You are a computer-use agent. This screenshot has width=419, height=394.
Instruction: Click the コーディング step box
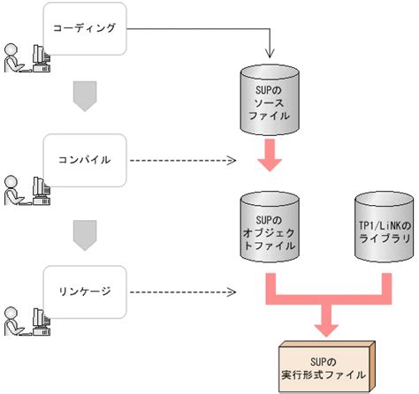point(85,28)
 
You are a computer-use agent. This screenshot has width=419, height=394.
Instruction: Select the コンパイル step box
point(85,160)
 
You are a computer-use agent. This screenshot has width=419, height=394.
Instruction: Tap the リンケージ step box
point(85,292)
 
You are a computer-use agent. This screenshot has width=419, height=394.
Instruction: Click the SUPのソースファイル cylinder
point(270,100)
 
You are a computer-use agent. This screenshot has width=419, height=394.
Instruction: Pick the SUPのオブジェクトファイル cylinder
point(270,227)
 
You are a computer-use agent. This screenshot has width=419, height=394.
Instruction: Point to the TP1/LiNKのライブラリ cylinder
point(385,227)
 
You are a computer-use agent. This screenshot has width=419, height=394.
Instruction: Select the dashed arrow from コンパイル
point(183,161)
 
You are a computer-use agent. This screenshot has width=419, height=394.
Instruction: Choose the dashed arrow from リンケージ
point(183,292)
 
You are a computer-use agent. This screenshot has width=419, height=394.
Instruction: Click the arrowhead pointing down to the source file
point(270,54)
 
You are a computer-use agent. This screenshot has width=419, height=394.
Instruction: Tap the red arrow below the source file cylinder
point(270,155)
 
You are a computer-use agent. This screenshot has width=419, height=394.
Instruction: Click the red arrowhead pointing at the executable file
point(326,330)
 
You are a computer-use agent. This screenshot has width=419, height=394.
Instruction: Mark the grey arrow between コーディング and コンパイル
point(85,96)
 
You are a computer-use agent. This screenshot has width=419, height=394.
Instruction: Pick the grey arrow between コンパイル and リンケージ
point(85,236)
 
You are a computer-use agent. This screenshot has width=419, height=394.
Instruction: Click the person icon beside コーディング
point(13,58)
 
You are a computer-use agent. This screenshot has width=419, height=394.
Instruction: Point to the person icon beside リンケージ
point(13,322)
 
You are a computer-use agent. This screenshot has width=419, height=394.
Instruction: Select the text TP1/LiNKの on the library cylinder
point(385,226)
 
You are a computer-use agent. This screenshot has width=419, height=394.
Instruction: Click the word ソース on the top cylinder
point(270,103)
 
